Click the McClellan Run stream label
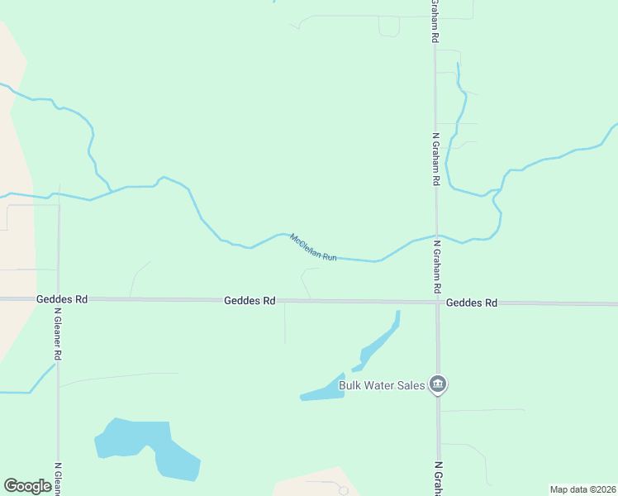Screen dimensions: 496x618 point(314,248)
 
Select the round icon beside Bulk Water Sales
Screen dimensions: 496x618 point(439,384)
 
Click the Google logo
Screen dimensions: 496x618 point(27,485)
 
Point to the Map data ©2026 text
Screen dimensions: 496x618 point(582,489)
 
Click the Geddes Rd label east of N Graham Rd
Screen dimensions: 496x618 point(472,303)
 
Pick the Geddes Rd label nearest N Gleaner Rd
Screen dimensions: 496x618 point(62,299)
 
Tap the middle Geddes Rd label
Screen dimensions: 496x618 point(250,301)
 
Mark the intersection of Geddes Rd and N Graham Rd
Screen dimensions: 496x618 point(437,303)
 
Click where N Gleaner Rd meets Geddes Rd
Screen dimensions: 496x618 point(59,298)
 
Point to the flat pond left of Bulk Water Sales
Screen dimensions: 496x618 point(324,390)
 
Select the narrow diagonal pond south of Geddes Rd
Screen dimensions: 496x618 point(378,341)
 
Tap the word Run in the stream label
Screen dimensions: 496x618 point(329,256)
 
